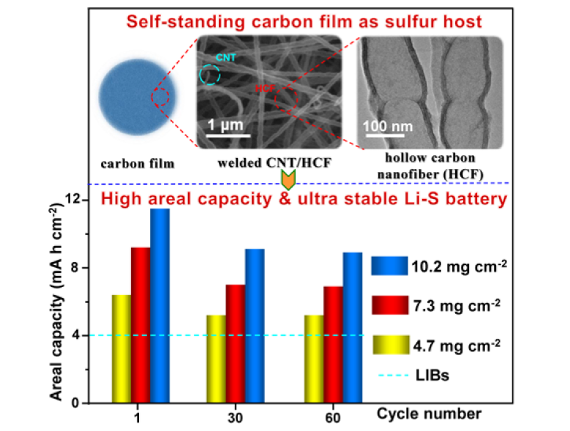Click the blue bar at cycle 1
click(160, 305)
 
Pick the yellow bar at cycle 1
click(121, 348)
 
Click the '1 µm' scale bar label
click(228, 121)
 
